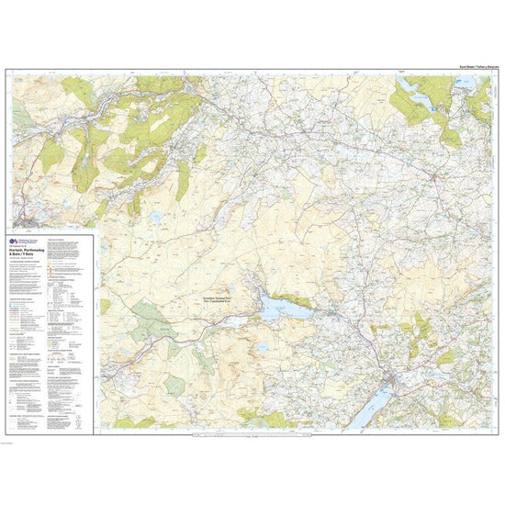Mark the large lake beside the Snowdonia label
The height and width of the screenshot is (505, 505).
(x=275, y=309)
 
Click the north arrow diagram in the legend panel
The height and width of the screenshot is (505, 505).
(x=81, y=418)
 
